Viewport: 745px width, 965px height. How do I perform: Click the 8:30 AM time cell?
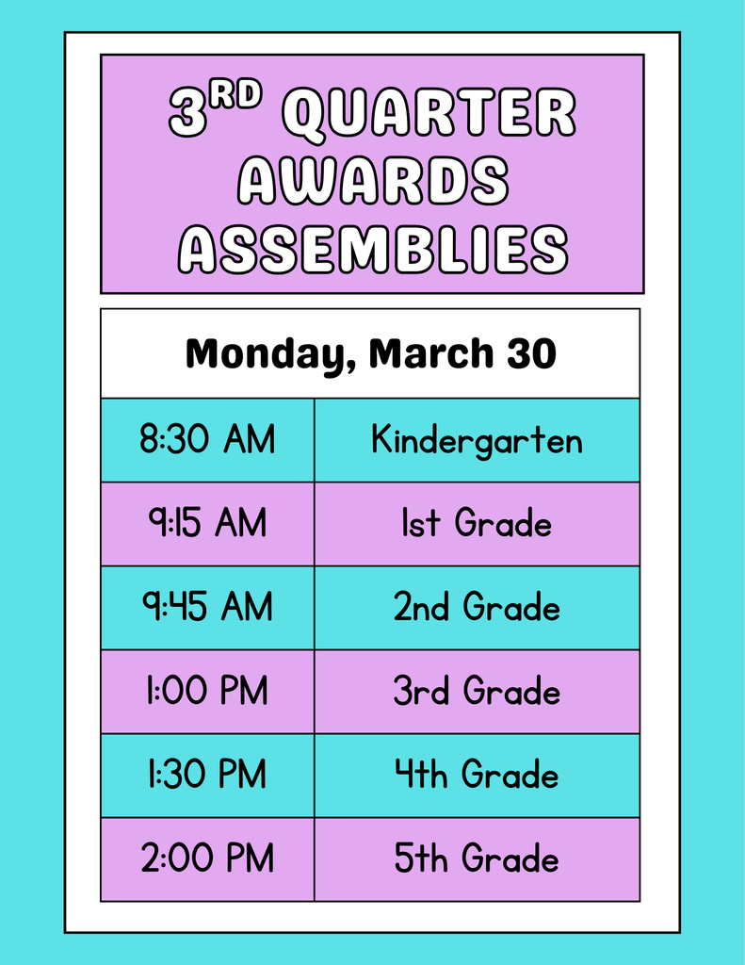point(207,440)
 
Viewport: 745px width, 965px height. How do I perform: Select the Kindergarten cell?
point(477,440)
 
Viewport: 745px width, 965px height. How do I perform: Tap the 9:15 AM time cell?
point(207,524)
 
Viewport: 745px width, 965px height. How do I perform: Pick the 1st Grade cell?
point(477,524)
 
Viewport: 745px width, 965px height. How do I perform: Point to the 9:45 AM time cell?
point(207,608)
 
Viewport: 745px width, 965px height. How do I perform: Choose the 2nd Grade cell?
point(477,608)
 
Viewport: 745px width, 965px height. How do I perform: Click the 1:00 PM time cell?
point(207,692)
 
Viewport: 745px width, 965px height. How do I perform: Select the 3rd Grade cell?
point(477,692)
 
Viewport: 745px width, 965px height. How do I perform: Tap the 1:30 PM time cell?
point(207,776)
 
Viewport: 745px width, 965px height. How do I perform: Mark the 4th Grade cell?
point(477,776)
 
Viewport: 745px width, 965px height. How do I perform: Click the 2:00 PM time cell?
point(207,859)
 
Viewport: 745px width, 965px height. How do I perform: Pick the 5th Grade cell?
point(477,859)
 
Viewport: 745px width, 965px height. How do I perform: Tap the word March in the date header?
point(430,353)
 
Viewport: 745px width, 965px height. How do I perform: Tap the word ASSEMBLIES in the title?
point(373,249)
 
